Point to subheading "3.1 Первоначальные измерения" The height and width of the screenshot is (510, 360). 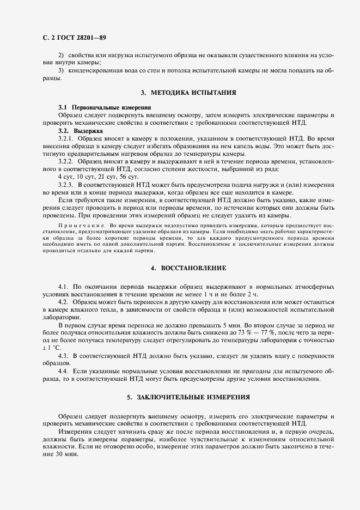[x=104, y=108]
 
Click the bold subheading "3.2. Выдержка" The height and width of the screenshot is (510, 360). [x=80, y=131]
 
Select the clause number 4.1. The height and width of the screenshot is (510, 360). [x=63, y=286]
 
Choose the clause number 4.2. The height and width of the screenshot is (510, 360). [x=63, y=301]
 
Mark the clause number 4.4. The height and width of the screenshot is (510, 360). [x=63, y=371]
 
